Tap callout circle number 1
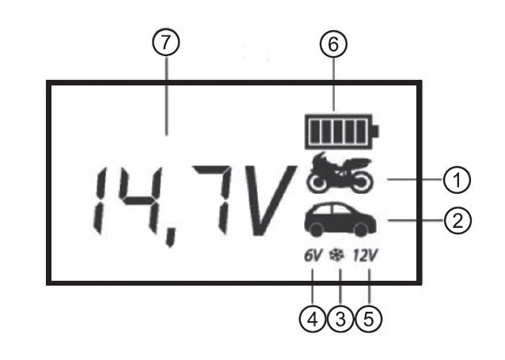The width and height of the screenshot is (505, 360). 457,180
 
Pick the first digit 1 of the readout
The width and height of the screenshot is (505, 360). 97,204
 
